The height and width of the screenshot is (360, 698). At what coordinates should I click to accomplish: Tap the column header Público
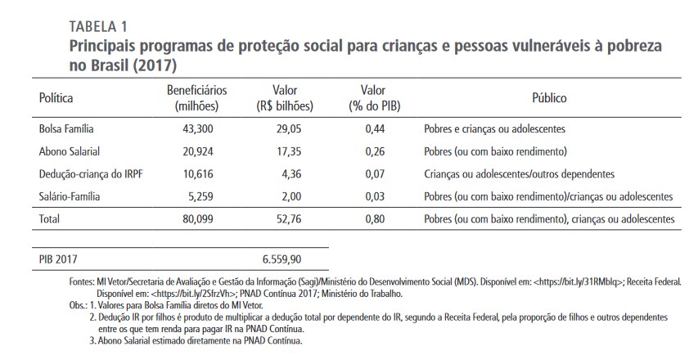tap(549, 98)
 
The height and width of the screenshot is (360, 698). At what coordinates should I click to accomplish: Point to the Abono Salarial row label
tap(70, 152)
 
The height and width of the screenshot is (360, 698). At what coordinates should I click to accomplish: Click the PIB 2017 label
tap(59, 258)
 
